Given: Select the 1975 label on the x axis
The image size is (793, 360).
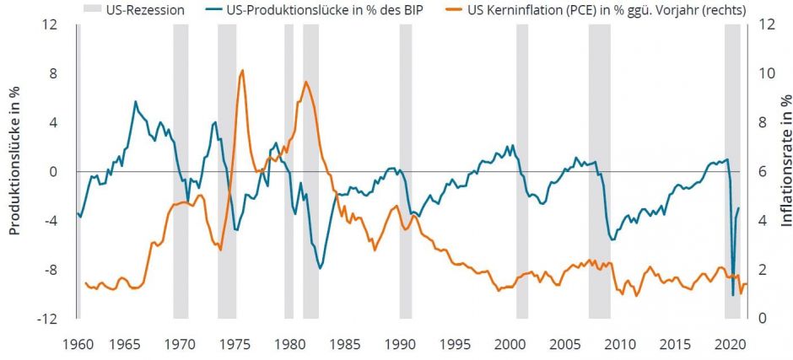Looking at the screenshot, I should (x=233, y=346).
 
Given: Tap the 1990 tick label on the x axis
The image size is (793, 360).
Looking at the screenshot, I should (x=398, y=346).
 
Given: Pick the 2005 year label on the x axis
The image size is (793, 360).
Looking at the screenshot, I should (x=565, y=346).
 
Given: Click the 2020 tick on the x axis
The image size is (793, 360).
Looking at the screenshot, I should (x=731, y=346).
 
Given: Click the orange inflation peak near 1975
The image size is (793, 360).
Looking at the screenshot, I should (x=242, y=71).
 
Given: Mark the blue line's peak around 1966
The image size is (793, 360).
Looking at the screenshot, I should (x=136, y=102).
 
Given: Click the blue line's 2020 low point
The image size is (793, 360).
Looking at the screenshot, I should (x=732, y=295).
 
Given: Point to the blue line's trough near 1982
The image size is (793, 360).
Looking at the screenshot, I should (x=320, y=268).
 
